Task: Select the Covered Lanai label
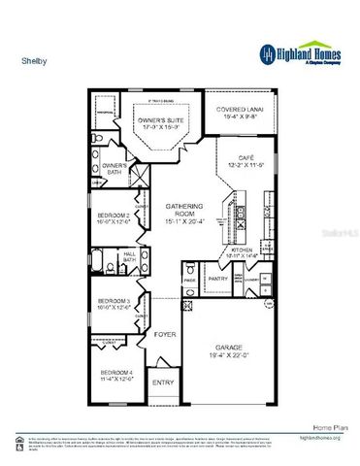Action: click(238, 112)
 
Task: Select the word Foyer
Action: click(163, 333)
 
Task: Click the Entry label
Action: click(163, 383)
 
